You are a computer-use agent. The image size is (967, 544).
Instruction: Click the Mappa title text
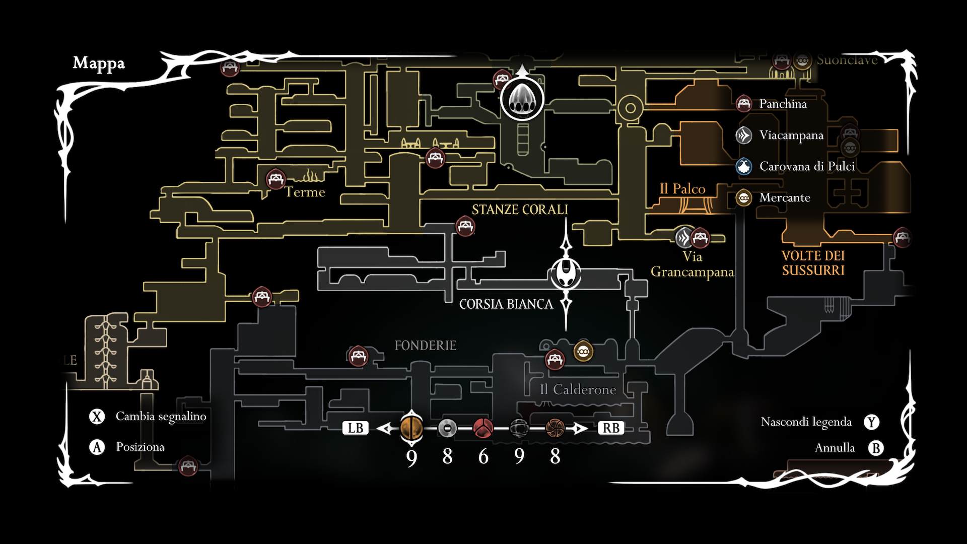tap(99, 63)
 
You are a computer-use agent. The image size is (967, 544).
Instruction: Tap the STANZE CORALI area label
tap(520, 210)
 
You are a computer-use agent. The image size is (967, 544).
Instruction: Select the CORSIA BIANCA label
tap(506, 304)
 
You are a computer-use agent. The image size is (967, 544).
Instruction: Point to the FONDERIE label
tap(425, 346)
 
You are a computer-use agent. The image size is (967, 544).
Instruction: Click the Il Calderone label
tap(578, 390)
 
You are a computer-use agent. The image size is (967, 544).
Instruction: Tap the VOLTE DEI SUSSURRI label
tap(813, 263)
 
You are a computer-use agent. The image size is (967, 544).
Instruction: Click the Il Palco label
tap(682, 189)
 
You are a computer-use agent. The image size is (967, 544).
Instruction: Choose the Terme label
tap(305, 192)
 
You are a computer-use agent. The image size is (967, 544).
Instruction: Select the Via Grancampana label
tap(692, 264)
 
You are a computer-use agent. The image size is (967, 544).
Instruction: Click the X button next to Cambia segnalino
tap(97, 417)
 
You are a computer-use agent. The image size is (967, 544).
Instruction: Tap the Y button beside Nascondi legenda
tap(871, 422)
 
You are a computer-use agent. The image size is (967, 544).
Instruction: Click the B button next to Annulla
tap(876, 448)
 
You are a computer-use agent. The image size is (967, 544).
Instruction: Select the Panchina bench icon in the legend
tap(744, 104)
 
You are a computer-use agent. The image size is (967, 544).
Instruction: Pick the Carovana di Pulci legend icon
tap(744, 166)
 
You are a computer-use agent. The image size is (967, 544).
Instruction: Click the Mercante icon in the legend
tap(744, 197)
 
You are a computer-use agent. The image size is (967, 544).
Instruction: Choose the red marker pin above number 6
tap(483, 428)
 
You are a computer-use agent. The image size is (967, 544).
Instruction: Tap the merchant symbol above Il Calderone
tap(583, 351)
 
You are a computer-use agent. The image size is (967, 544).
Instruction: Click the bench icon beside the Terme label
tap(275, 179)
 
